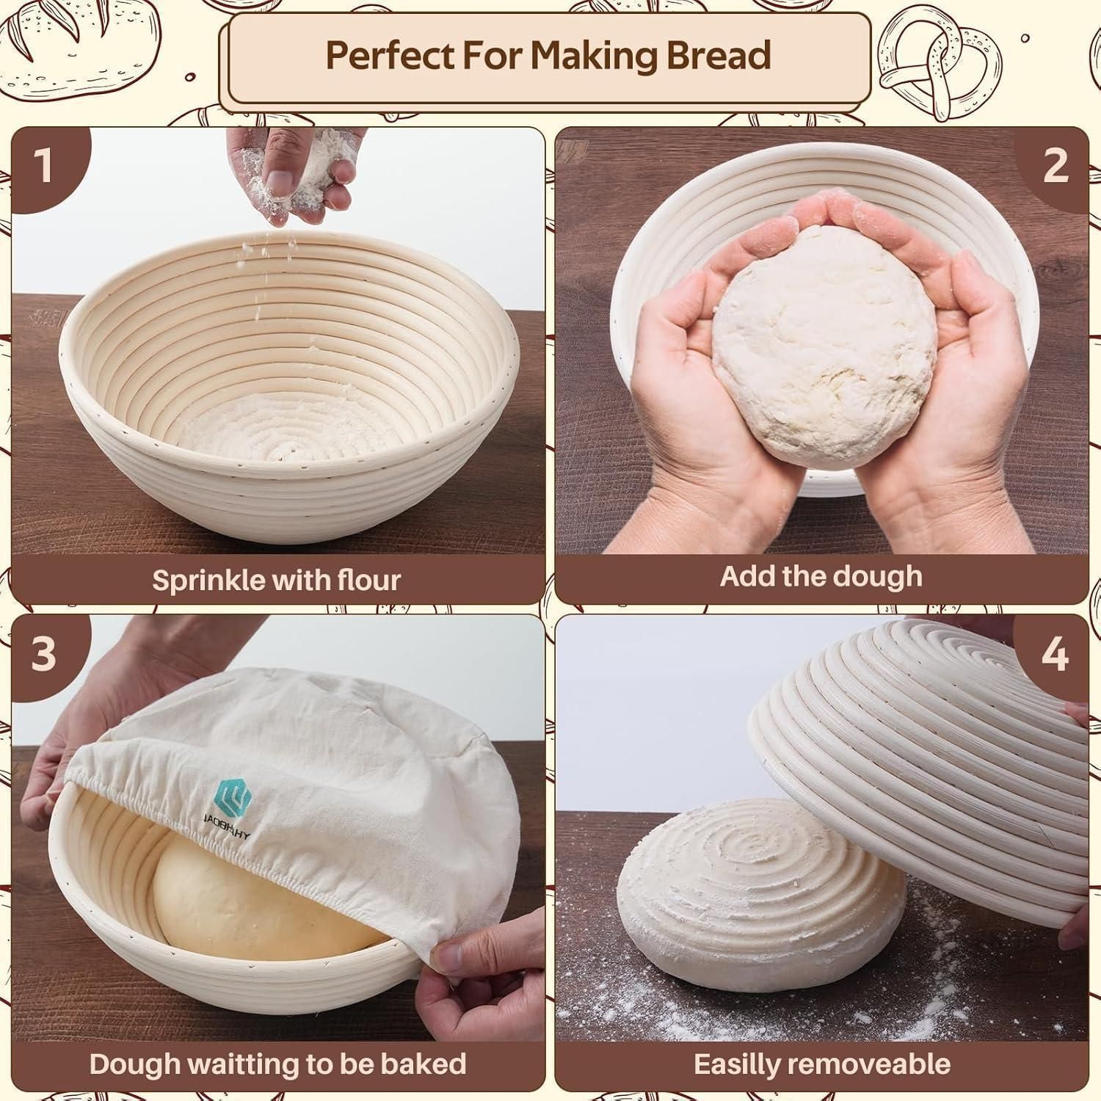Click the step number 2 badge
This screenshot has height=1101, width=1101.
(1055, 164)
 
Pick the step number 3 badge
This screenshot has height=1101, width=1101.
(44, 652)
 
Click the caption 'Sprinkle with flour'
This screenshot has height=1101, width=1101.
(277, 580)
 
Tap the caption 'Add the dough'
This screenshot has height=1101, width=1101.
(821, 576)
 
